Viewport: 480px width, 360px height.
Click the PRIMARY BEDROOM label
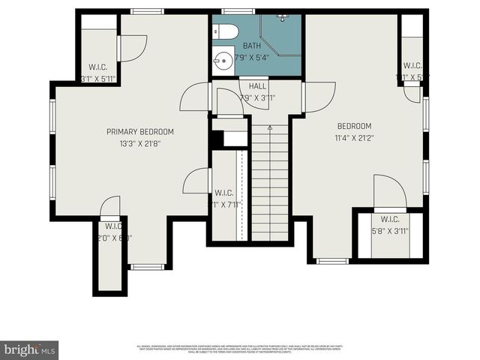140,132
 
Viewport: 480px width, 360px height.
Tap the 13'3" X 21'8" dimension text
140,143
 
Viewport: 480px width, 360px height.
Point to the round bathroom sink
223,59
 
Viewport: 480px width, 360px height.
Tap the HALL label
258,86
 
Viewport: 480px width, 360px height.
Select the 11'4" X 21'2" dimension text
354,137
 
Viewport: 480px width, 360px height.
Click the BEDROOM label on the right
354,126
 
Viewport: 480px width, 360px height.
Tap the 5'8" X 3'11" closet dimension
390,231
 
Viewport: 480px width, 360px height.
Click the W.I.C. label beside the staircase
223,193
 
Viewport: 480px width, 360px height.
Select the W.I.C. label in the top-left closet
98,67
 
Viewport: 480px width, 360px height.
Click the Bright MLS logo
30,349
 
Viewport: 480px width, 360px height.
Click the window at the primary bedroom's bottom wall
146,266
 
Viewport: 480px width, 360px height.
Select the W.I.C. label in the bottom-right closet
390,219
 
